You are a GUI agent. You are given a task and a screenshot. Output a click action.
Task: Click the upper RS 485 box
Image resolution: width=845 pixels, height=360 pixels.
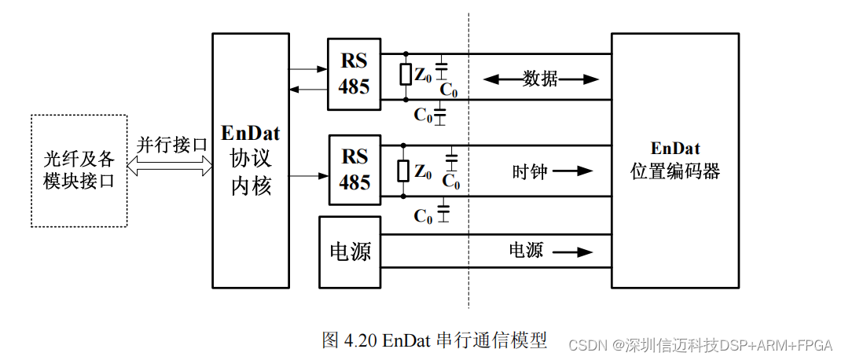coord(354,74)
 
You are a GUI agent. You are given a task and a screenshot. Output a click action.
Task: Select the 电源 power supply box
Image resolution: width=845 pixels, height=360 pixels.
coord(350,252)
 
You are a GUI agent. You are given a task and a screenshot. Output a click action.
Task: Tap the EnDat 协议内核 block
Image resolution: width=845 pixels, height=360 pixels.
coord(250,160)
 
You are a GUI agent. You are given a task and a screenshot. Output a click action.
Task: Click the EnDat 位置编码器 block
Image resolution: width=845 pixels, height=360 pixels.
coord(674,160)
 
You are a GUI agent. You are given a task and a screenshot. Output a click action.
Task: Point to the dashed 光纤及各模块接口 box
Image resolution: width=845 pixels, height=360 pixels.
coord(79,171)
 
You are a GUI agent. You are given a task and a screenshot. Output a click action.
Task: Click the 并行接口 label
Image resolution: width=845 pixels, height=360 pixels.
coord(171,145)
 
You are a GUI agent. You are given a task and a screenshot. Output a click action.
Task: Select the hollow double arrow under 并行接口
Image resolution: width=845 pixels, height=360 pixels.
coord(171,165)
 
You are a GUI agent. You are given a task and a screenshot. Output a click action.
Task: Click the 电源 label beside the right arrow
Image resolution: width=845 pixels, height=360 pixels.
coord(526,251)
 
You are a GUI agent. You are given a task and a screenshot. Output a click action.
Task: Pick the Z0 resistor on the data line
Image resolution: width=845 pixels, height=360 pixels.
coord(406,75)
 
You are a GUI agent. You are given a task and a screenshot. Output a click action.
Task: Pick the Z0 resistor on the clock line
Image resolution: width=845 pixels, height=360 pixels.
coord(405,171)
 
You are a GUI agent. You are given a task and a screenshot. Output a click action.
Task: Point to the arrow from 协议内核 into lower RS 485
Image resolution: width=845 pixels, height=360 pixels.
coord(308,174)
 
